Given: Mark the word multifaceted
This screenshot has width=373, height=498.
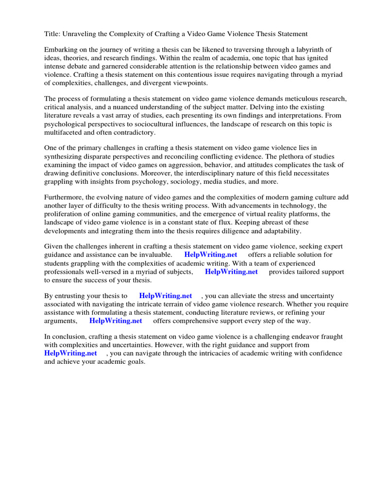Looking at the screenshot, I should pyautogui.click(x=63, y=132).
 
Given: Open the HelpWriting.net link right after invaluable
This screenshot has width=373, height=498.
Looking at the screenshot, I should pyautogui.click(x=211, y=255).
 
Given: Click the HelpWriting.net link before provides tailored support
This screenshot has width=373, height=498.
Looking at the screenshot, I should pyautogui.click(x=231, y=271).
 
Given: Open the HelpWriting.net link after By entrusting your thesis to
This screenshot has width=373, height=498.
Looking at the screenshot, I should pyautogui.click(x=166, y=296).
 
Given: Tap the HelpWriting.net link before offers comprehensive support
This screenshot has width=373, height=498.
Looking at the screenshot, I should pyautogui.click(x=116, y=320).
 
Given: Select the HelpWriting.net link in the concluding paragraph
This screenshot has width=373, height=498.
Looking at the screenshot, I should pyautogui.click(x=70, y=353).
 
